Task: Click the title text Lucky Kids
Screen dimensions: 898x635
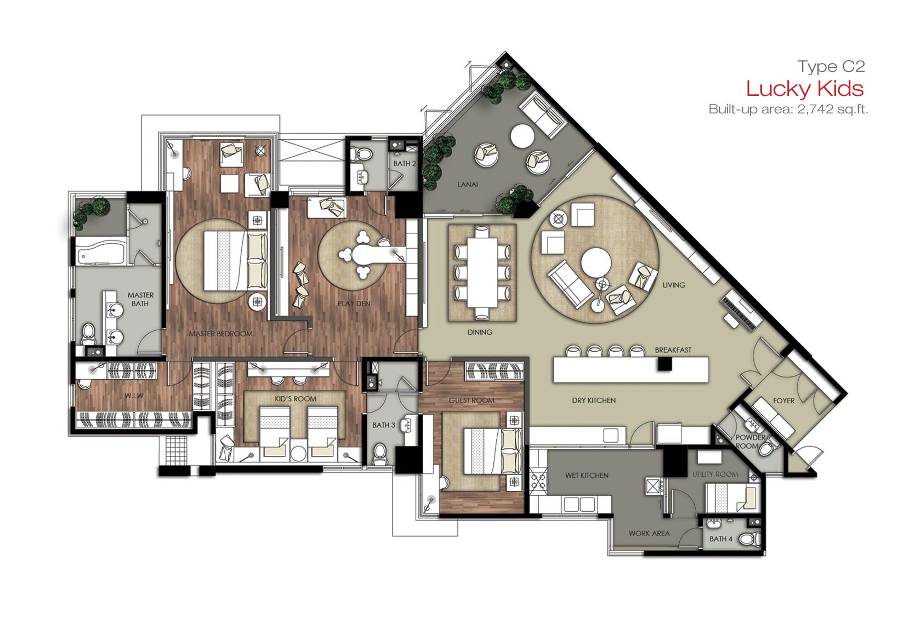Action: coord(805,89)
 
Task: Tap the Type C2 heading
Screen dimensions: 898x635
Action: coord(831,66)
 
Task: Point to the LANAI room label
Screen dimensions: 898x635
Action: coord(468,185)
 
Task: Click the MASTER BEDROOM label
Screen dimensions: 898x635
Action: coord(220,334)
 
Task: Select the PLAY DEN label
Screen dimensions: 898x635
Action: coord(354,304)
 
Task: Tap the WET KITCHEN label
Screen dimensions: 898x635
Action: coord(587,475)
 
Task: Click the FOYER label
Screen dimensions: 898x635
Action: coord(784,400)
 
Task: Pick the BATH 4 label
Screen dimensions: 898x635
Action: coord(721,539)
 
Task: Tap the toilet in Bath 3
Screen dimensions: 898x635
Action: coord(379,454)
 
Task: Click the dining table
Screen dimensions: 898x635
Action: coord(481,272)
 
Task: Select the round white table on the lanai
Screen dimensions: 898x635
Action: coord(522,136)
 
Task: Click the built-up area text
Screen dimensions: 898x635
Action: coord(788,109)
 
